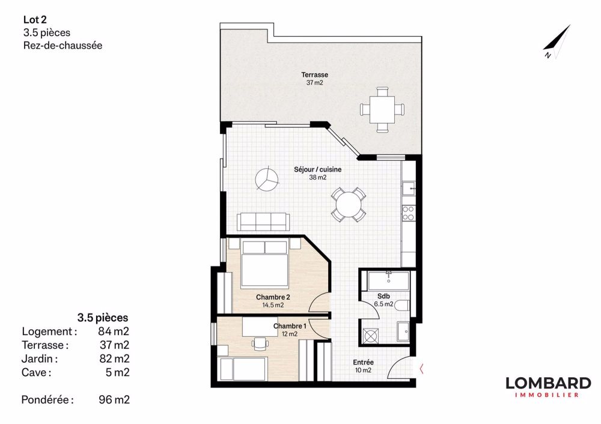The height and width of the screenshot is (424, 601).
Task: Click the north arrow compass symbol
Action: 556,42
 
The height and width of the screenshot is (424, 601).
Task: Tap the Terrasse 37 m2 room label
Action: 314,79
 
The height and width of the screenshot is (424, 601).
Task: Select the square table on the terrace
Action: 382,109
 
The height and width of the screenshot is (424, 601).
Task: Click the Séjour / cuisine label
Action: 318,173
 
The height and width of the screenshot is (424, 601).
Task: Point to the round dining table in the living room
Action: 349,205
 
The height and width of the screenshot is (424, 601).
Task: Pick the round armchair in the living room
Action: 265,179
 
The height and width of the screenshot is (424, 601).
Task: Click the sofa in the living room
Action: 262,222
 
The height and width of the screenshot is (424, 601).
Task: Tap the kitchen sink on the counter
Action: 410,189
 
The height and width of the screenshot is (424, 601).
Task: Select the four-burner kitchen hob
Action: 409,212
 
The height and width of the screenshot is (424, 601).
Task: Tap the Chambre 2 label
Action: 273,301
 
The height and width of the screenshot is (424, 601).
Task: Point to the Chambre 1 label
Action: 290,330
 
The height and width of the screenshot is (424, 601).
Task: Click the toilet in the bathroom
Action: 403,306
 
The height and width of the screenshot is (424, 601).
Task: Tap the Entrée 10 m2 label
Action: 363,366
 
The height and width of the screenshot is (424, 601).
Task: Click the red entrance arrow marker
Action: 423,368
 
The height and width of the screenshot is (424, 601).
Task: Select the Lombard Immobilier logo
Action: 548,386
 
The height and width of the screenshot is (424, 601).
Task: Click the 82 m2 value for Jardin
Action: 114,359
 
